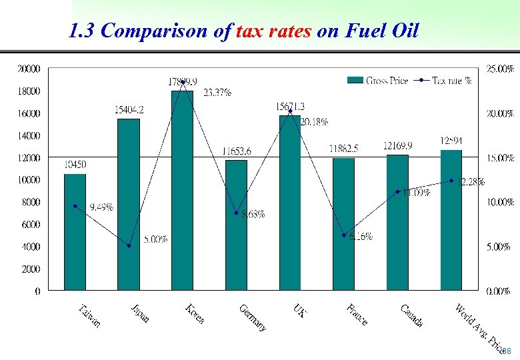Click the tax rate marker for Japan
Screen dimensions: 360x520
(129, 246)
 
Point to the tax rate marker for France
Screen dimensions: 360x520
(344, 235)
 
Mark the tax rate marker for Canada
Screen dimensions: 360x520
(398, 191)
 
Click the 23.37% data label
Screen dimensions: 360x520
(217, 93)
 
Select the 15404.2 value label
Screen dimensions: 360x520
(129, 109)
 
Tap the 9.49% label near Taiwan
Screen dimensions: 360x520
(101, 207)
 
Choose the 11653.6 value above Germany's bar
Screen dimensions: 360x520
(237, 151)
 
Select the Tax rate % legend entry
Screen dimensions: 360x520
(451, 80)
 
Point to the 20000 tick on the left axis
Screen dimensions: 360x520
(29, 68)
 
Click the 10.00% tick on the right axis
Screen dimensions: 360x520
(498, 202)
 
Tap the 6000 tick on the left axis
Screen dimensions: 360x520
(31, 225)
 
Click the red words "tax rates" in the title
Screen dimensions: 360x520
(273, 31)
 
